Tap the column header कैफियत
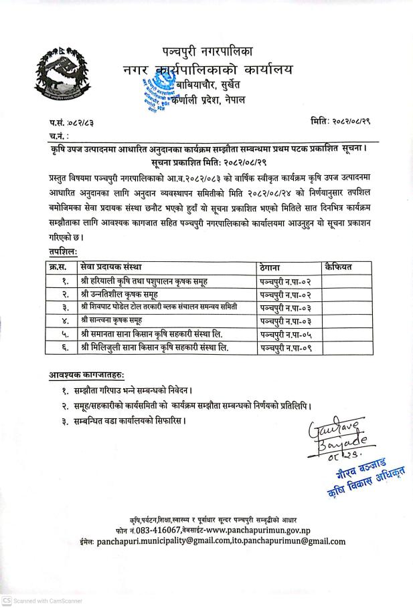pos(338,267)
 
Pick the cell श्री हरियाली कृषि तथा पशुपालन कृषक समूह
pos(151,281)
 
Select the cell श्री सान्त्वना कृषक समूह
pos(123,321)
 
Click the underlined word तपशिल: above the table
pos(63,249)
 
